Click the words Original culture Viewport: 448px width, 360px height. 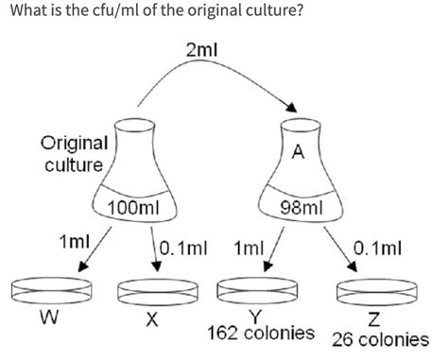coord(73,154)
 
